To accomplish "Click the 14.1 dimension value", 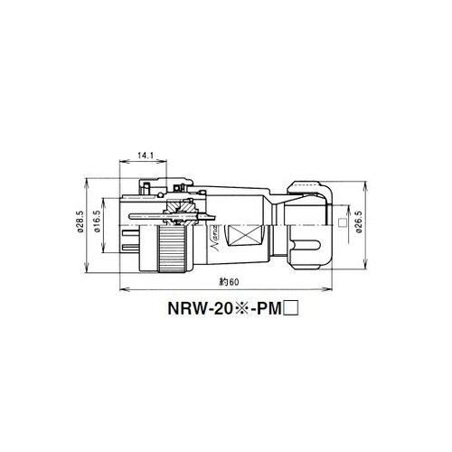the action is (x=146, y=155).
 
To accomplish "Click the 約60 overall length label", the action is (x=229, y=282).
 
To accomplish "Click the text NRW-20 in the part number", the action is (x=200, y=309).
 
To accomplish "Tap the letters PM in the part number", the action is (x=268, y=309).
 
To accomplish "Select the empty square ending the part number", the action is (x=291, y=309).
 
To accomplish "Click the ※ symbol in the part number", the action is (x=239, y=309).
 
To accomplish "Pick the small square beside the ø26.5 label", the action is (x=343, y=222).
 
